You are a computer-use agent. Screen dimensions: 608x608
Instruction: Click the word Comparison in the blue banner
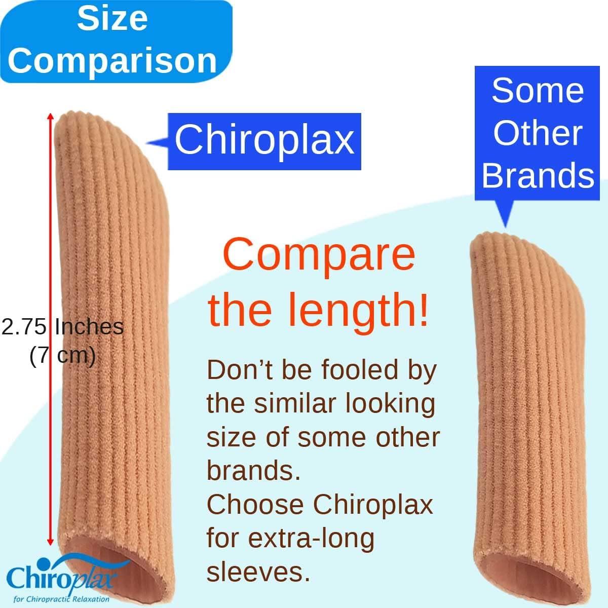pyautogui.click(x=112, y=61)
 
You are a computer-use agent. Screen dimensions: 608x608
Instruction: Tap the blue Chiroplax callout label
pyautogui.click(x=264, y=140)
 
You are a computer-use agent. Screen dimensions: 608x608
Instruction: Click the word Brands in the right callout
pyautogui.click(x=538, y=175)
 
